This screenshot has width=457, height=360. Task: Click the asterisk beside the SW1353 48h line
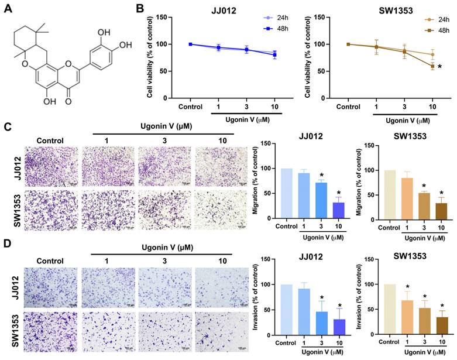(438, 67)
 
